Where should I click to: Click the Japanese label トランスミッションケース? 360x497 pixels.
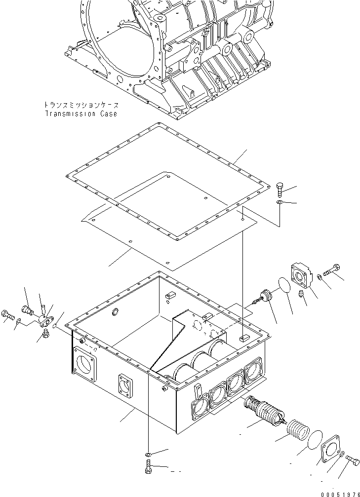click(81, 105)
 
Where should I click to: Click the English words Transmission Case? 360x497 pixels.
click(81, 114)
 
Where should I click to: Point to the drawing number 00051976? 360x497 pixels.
click(338, 492)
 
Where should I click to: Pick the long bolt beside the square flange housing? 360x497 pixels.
click(331, 271)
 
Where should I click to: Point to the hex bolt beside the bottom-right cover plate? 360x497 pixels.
click(353, 460)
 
